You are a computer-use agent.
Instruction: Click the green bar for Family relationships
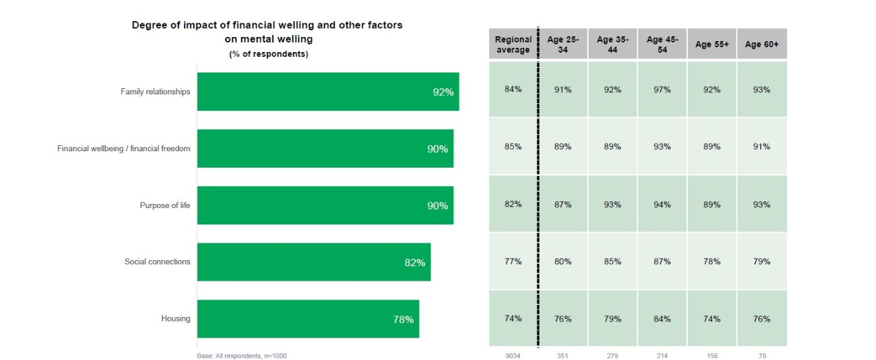328,92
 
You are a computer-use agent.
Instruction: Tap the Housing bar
308,319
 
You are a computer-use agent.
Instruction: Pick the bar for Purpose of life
325,205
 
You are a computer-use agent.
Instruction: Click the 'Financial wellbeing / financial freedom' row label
124,149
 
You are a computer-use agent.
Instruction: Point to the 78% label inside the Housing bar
403,319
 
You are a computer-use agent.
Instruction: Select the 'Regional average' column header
513,44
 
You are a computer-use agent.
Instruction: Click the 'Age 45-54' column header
662,44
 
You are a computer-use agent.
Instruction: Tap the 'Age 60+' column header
762,44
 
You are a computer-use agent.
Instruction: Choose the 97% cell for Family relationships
662,90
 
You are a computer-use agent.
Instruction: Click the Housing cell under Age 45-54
662,319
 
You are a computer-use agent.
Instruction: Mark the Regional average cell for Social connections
513,261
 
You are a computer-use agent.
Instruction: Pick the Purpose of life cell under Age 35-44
613,205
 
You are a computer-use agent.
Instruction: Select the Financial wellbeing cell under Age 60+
762,146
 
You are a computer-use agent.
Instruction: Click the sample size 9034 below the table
513,355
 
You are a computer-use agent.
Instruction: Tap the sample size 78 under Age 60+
762,355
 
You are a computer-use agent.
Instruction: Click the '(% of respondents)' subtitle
268,55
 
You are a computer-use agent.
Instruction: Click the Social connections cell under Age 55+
712,261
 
